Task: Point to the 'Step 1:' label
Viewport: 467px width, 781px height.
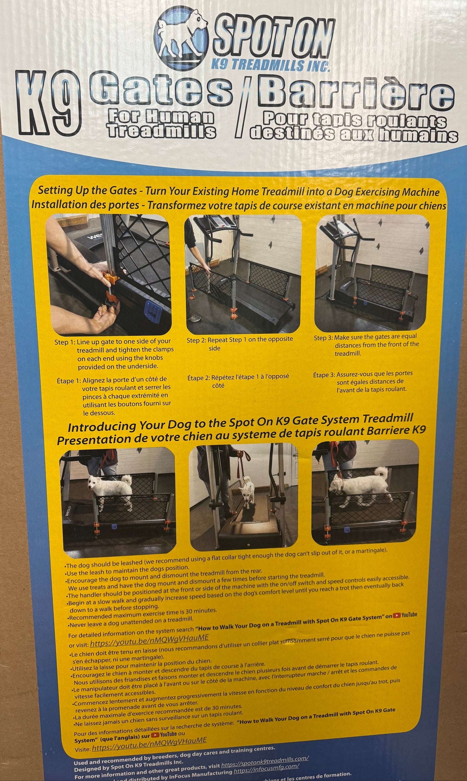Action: [65, 342]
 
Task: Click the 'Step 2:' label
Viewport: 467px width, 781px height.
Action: [196, 340]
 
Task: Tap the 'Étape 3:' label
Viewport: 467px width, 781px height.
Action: [324, 375]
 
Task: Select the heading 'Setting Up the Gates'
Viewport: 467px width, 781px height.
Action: [87, 191]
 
